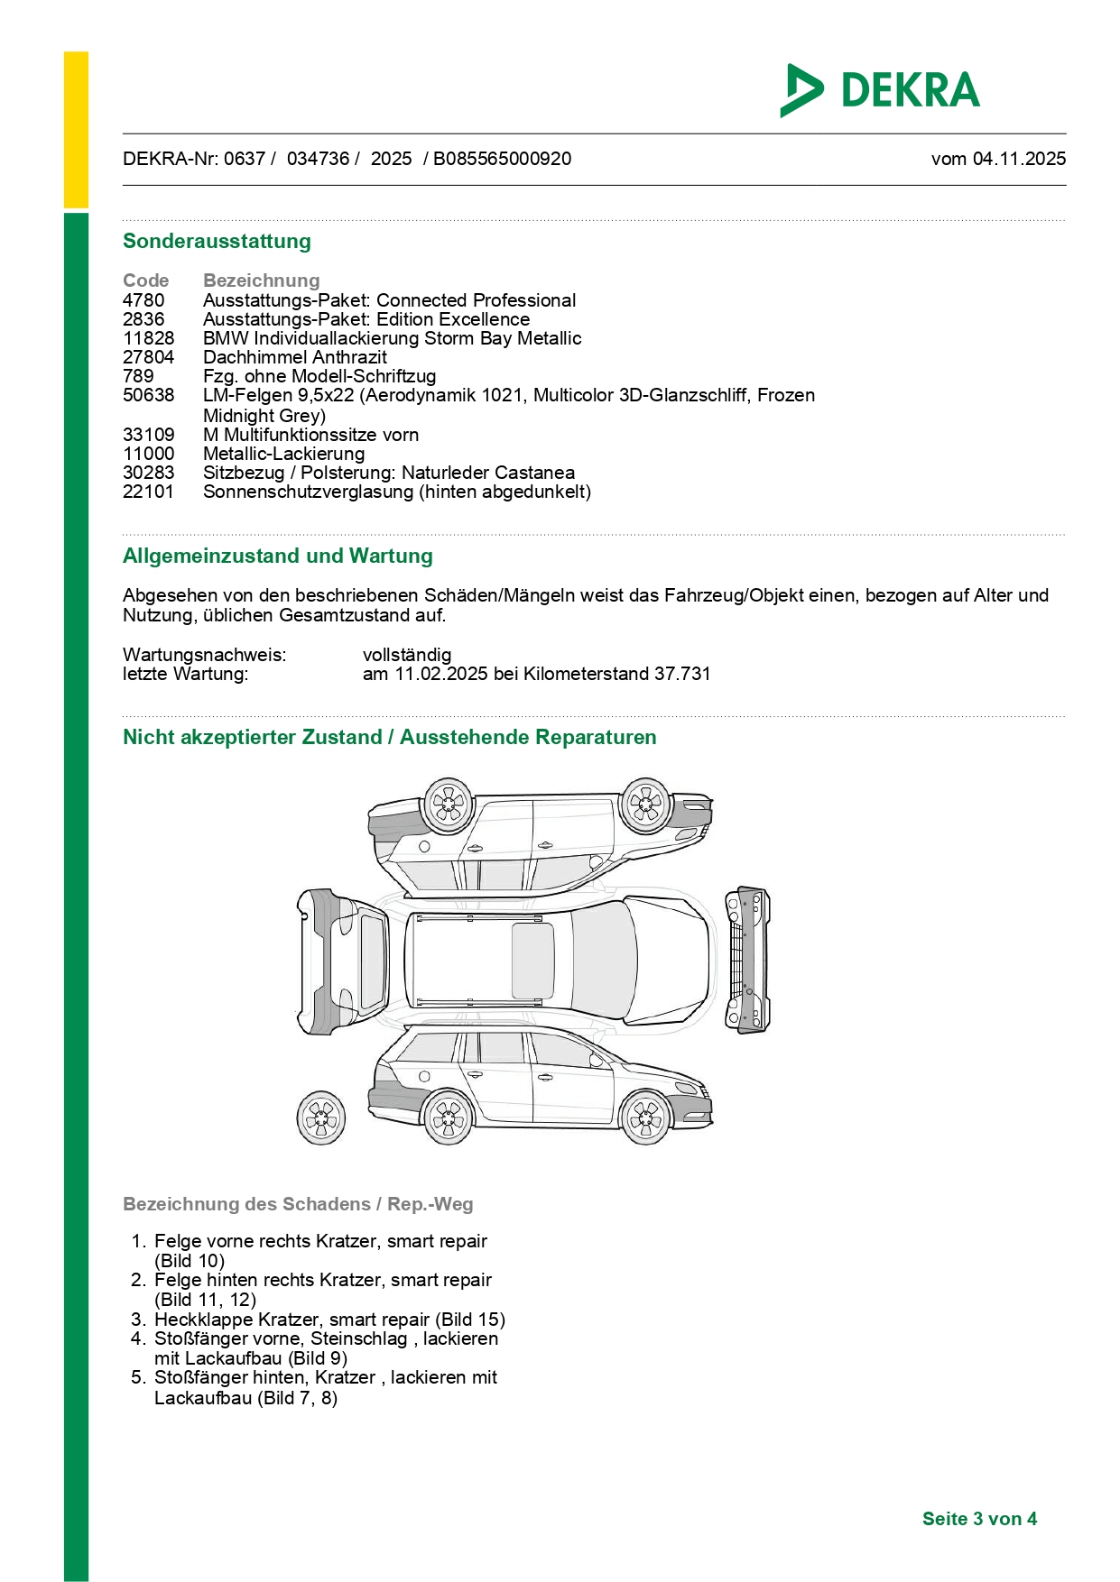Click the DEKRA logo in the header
(x=880, y=90)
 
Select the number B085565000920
(x=502, y=159)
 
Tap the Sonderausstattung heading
(x=217, y=241)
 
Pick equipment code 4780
(x=143, y=300)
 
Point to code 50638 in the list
(x=148, y=395)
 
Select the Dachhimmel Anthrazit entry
(x=294, y=357)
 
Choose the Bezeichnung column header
(x=261, y=281)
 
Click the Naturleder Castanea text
(x=487, y=473)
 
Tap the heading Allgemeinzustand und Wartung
(x=277, y=556)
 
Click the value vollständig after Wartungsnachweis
(x=406, y=655)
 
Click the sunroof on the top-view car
(x=532, y=961)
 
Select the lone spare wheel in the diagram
(x=321, y=1118)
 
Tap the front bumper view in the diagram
(x=747, y=960)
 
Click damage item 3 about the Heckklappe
(x=329, y=1320)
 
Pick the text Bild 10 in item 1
(x=190, y=1261)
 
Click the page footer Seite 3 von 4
(x=978, y=1519)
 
